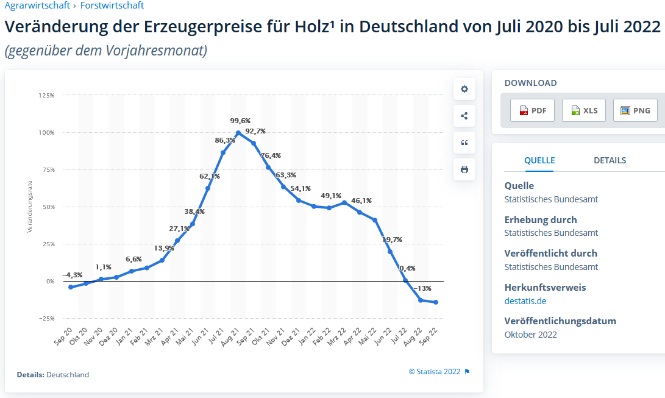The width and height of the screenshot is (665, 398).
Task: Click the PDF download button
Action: pos(532,110)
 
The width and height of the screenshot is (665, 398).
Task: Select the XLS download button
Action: pos(583,110)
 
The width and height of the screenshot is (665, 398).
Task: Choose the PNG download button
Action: pos(635,110)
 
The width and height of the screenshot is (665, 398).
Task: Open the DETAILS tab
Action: pos(610,160)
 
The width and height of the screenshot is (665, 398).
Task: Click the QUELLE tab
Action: pos(539,160)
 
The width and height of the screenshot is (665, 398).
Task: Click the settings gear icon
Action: pos(464,89)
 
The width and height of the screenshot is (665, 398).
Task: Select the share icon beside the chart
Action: pos(464,116)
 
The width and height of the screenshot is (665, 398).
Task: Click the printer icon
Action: pos(464,169)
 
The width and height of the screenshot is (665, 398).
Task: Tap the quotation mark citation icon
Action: pos(464,143)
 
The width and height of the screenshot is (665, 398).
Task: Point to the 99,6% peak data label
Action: pos(240,121)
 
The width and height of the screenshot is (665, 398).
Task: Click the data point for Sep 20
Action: pos(71,287)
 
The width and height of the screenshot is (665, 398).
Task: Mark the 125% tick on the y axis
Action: pos(46,96)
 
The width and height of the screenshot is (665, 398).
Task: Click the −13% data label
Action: pos(422,288)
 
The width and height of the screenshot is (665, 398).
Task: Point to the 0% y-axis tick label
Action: pos(49,282)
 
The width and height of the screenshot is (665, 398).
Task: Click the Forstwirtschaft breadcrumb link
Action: pos(112,5)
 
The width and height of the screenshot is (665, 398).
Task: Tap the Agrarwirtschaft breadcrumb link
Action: pos(37,5)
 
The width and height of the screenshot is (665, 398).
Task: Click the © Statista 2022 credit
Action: pos(435,371)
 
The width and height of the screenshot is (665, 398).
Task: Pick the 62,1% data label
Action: pos(210,176)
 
